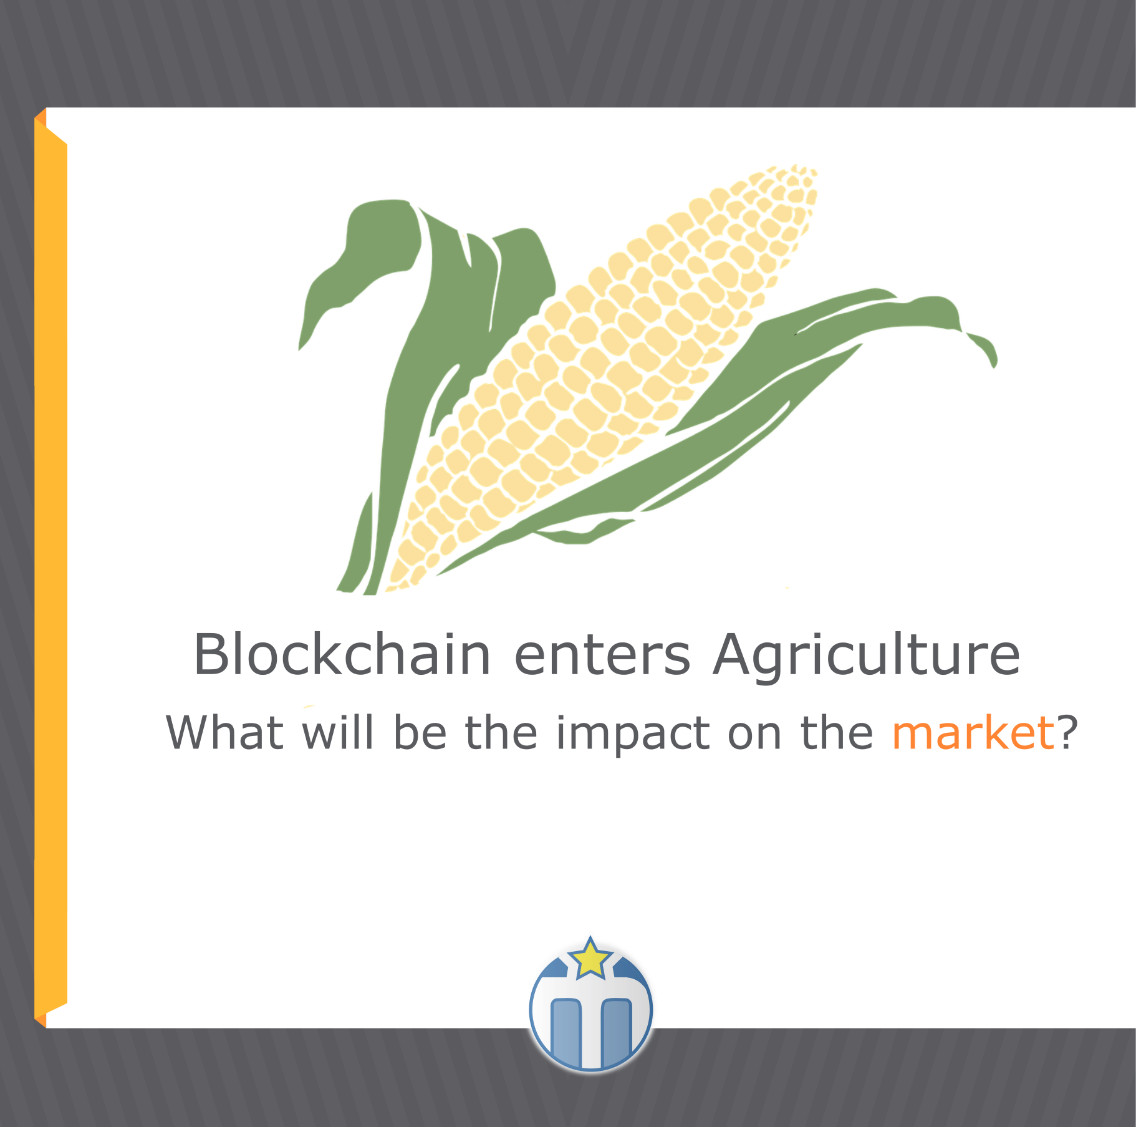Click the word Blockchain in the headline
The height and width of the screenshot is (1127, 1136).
click(342, 654)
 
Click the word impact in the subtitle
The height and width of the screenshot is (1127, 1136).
click(633, 735)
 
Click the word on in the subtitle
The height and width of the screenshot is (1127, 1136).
click(754, 737)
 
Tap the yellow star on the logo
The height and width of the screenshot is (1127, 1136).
click(590, 959)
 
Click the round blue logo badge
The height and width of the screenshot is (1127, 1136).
click(590, 1009)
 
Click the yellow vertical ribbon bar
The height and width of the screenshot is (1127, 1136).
click(51, 568)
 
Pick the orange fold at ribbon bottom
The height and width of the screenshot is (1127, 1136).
click(41, 1020)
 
